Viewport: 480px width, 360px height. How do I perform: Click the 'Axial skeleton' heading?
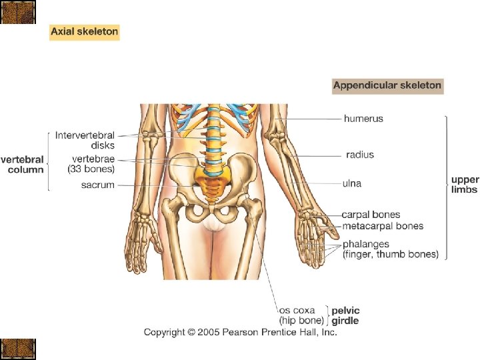[84, 31]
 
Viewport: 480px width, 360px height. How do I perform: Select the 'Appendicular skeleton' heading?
[387, 85]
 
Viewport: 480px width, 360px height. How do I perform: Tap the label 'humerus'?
[363, 119]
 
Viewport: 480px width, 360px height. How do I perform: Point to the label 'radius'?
[360, 155]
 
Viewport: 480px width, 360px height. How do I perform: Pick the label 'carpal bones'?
[371, 215]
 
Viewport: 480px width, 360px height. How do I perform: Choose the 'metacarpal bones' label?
[383, 226]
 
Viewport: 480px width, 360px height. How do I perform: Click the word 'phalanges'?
[366, 244]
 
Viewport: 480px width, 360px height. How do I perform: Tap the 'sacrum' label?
[98, 185]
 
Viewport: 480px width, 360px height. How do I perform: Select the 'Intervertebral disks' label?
[85, 140]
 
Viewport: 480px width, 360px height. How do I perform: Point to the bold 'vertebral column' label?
[23, 165]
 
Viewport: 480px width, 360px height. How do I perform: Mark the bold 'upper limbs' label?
[464, 185]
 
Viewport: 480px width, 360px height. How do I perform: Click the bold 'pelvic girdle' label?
[345, 315]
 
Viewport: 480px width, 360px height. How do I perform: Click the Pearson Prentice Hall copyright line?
[241, 332]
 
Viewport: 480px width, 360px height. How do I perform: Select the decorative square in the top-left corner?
[18, 12]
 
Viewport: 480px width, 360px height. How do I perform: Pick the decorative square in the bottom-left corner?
[18, 349]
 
